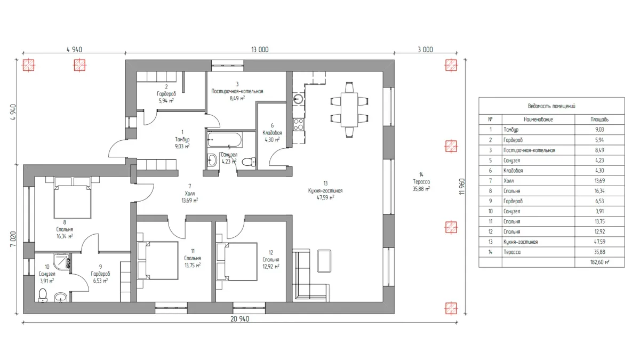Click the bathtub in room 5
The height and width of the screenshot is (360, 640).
[x=225, y=140]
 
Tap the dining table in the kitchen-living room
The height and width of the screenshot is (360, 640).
[x=349, y=110]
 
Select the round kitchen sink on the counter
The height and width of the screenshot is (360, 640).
[x=298, y=99]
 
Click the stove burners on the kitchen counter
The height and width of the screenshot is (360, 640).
[x=299, y=124]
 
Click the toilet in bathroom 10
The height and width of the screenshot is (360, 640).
[x=43, y=295]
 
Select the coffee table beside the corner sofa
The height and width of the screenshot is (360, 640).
[x=324, y=261]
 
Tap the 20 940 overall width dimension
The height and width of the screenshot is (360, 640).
[x=239, y=319]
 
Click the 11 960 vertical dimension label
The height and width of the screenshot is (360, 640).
[x=462, y=187]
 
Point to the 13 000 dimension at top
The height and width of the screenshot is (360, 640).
[x=260, y=50]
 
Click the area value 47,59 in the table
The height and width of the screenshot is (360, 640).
[x=599, y=242]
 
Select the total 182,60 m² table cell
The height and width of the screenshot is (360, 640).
[x=599, y=262]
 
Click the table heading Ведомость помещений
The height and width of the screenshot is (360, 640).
[x=551, y=106]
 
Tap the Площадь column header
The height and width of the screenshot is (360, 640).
[x=599, y=119]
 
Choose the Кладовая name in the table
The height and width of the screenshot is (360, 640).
[x=513, y=171]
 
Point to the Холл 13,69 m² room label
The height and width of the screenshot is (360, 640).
[x=190, y=194]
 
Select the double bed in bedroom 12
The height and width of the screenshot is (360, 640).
[x=237, y=261]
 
